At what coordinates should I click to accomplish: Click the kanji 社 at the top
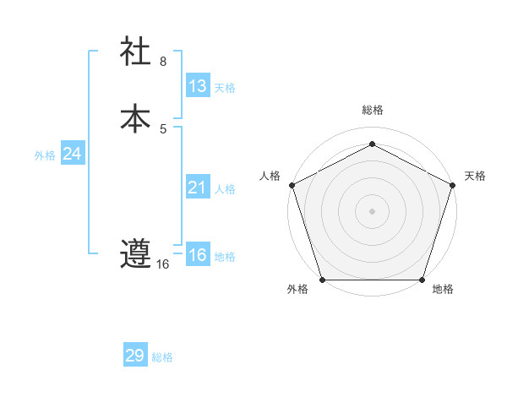(135, 52)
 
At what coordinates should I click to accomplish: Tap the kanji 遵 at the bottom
(135, 253)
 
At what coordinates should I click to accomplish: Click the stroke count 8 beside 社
(163, 62)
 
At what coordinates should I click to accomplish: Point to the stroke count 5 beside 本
(163, 128)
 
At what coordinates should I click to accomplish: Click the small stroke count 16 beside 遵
(163, 264)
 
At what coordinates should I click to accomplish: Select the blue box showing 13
(197, 86)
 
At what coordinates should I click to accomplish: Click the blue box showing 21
(197, 188)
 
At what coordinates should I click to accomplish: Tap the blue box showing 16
(197, 255)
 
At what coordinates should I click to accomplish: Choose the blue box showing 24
(72, 154)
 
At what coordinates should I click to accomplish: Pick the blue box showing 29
(135, 356)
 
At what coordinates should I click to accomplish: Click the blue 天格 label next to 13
(225, 88)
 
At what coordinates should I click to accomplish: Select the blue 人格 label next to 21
(225, 189)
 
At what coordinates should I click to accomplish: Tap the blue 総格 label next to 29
(162, 357)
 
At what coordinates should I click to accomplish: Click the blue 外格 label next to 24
(45, 155)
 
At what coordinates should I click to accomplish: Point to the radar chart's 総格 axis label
(372, 111)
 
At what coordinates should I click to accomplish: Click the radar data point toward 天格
(453, 184)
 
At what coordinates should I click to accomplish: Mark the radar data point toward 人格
(292, 184)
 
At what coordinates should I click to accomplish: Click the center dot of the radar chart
(372, 210)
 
